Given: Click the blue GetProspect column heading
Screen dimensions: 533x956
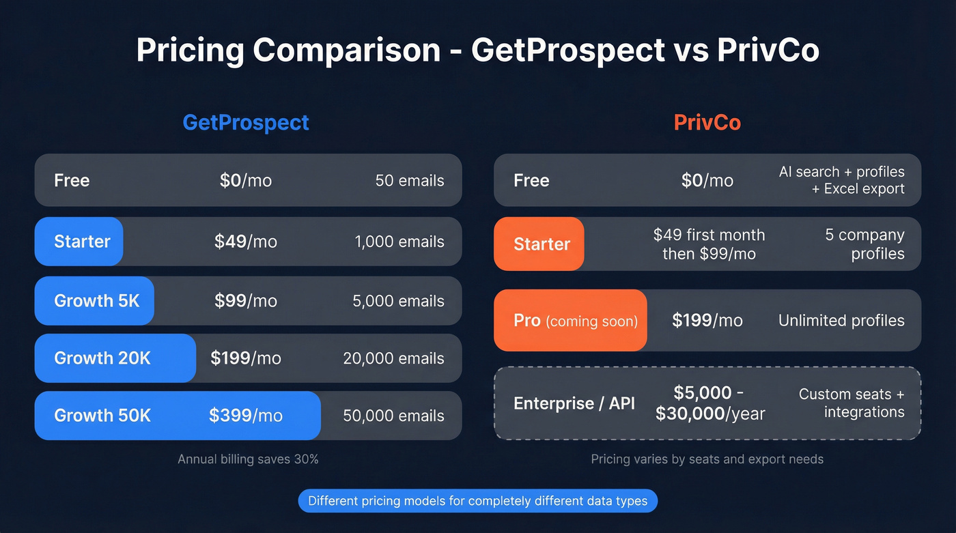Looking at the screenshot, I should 246,123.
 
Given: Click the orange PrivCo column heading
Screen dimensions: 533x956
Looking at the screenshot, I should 707,123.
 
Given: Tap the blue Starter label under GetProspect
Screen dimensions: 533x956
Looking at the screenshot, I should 82,242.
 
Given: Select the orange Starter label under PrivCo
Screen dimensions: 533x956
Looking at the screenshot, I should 542,244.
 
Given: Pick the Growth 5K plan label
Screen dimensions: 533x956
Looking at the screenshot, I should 96,301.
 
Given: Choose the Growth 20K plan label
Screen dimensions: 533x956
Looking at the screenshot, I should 102,358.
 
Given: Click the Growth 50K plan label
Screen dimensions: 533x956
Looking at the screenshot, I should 102,416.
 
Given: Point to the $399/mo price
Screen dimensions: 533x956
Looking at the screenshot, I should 246,416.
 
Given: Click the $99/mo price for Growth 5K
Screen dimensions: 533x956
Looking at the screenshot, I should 246,301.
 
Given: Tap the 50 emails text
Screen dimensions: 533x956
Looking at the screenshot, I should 410,181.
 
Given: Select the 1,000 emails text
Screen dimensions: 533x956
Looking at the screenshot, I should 399,242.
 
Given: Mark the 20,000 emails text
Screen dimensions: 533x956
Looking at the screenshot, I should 394,358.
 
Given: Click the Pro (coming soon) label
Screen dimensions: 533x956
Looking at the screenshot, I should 575,321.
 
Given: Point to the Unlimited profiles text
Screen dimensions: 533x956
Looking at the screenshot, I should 841,321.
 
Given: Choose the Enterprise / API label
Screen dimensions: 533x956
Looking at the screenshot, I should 574,403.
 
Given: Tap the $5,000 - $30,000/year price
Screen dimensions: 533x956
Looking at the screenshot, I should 710,403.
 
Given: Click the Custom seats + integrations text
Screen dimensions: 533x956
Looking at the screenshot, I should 852,403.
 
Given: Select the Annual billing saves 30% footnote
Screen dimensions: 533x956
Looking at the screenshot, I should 248,459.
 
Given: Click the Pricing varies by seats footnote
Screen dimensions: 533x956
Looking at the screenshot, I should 707,459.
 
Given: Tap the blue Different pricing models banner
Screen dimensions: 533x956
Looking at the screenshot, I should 477,501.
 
